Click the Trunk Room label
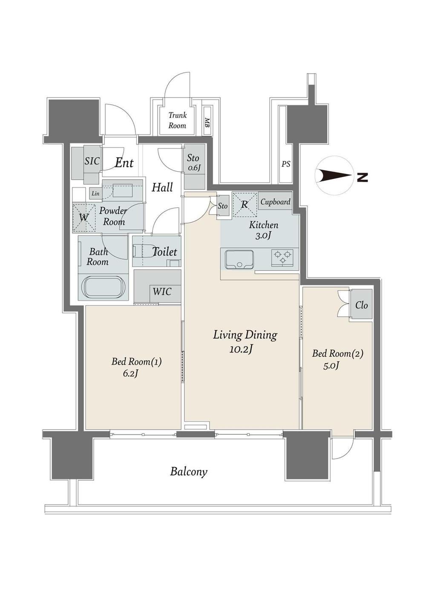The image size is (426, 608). (x=177, y=120)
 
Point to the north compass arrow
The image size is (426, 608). (x=335, y=176)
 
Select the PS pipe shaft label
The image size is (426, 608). (x=285, y=164)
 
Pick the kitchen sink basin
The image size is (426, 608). (x=239, y=260)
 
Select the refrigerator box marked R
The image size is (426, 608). (x=245, y=205)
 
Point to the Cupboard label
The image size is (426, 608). (x=275, y=202)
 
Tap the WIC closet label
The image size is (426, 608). (x=162, y=292)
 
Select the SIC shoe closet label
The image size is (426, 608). (x=92, y=161)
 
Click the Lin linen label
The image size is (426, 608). (x=95, y=194)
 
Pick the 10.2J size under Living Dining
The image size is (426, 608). (x=242, y=349)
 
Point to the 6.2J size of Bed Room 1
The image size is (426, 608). (x=131, y=373)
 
